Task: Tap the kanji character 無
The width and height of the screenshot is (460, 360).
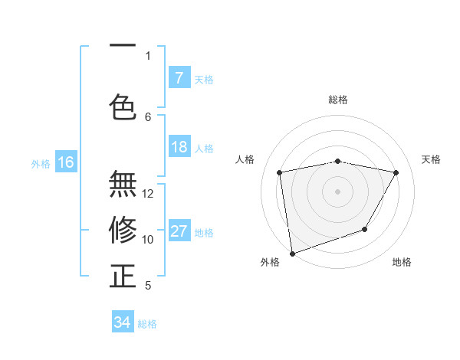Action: tap(123, 185)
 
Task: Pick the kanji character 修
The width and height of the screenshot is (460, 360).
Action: tap(123, 229)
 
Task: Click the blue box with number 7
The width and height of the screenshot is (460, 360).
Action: tap(179, 77)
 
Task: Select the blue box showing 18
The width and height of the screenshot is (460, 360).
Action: tap(179, 147)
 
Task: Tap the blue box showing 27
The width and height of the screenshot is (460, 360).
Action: tap(179, 231)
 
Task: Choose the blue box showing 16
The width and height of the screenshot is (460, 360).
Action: tap(66, 162)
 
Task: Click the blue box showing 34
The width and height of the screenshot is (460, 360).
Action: tap(123, 322)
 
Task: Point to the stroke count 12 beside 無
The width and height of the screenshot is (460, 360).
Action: tap(148, 194)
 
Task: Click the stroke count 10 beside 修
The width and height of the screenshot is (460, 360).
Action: tap(148, 240)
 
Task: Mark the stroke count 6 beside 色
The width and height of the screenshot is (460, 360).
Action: tap(148, 116)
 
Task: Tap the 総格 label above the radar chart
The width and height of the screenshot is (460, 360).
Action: tap(337, 100)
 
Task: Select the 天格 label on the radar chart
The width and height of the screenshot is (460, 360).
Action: tap(431, 159)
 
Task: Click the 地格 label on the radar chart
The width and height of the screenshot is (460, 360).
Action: tap(402, 262)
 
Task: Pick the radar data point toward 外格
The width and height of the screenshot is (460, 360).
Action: tap(292, 253)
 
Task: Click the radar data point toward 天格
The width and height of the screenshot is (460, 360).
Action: tap(396, 173)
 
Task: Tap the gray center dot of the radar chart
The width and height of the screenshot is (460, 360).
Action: tap(337, 191)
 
